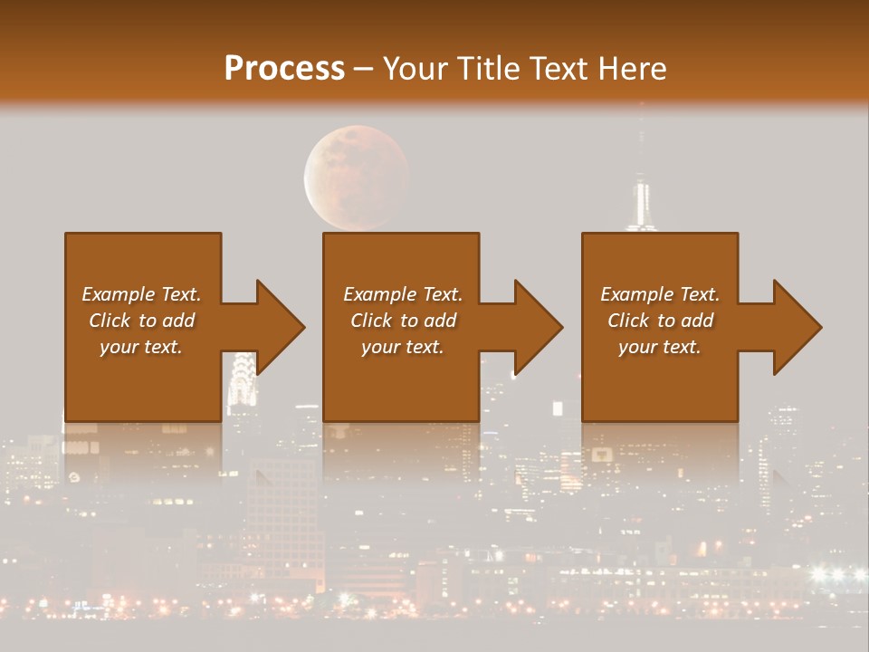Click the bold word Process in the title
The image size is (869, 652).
point(284,68)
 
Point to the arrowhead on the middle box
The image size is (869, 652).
point(537,327)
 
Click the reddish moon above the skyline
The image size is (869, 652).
point(356,177)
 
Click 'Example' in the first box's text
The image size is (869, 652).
point(118,294)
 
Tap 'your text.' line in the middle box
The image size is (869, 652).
point(402,347)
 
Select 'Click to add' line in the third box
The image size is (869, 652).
point(660,321)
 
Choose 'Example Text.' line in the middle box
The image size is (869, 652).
point(402,294)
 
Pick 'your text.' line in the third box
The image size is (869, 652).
point(660,347)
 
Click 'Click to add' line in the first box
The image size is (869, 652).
point(142,321)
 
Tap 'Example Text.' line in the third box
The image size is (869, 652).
point(660,294)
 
